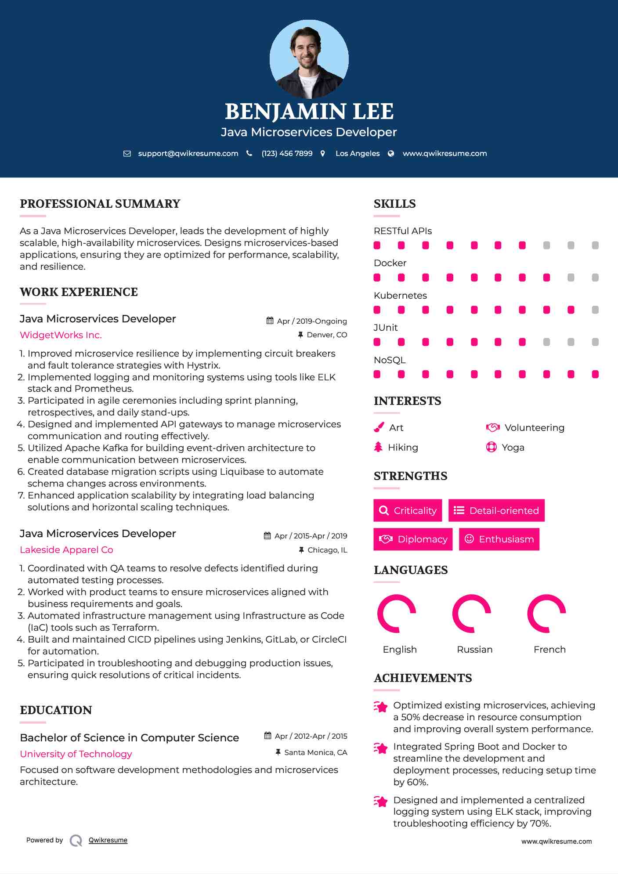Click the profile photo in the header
point(309,59)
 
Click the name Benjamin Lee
point(309,112)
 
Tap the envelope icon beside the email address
point(127,154)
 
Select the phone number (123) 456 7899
point(287,154)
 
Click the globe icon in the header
point(391,154)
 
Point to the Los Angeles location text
point(357,154)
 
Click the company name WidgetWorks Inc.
point(61,335)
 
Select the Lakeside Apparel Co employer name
point(66,550)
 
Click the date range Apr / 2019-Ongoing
point(311,321)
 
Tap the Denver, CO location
point(326,335)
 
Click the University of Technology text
point(76,754)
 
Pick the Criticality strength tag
point(408,510)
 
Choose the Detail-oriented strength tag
point(496,510)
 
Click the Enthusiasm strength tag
point(499,539)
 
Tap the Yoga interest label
point(513,448)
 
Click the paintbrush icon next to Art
point(379,427)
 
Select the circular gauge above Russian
point(471,614)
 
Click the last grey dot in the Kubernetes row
point(595,310)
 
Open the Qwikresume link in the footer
point(108,840)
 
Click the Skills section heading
point(394,204)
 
